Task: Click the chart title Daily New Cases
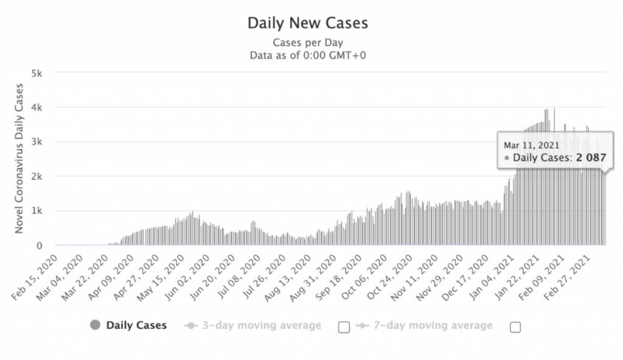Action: [307, 24]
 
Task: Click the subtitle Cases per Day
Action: [307, 43]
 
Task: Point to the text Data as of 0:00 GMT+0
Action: [307, 55]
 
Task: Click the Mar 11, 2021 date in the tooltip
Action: [532, 145]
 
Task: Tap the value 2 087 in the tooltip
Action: [587, 158]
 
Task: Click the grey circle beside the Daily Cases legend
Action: [94, 325]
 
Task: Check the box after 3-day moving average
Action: [344, 327]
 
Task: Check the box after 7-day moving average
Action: [515, 327]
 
